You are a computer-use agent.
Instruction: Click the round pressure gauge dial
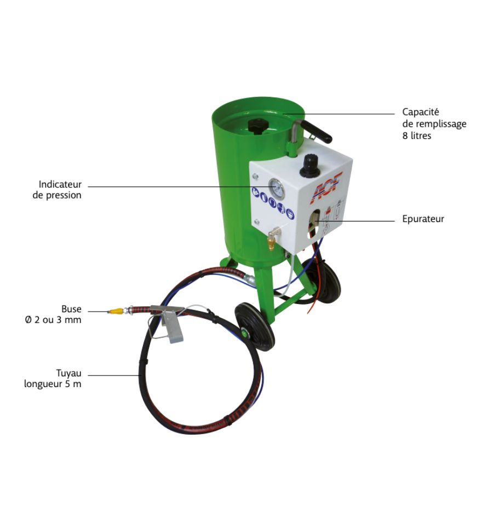coord(277,189)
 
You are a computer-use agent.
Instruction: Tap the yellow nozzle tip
coord(116,311)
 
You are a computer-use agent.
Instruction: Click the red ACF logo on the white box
coord(326,188)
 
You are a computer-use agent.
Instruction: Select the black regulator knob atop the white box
coord(309,166)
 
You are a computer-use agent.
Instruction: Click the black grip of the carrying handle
coord(317,131)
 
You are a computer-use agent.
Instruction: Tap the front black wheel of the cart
coord(255,326)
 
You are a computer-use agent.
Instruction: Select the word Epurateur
coord(423,219)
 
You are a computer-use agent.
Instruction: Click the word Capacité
coord(420,112)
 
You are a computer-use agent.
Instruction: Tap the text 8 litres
coord(417,136)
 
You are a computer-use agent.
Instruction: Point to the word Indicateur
coord(60,184)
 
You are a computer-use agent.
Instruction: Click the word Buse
coord(71,308)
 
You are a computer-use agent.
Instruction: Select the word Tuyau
coord(68,373)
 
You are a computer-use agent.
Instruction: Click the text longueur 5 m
coord(53,384)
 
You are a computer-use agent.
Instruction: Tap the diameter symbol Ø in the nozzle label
coord(28,320)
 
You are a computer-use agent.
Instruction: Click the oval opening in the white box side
coord(314,224)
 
